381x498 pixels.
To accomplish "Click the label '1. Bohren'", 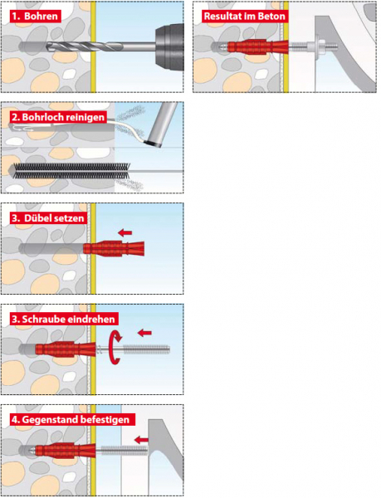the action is (x=35, y=17).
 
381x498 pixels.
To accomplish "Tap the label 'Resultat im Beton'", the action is (x=245, y=17).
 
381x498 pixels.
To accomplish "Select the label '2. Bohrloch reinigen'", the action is (x=58, y=117).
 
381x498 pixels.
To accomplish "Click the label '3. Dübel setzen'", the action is (x=48, y=218).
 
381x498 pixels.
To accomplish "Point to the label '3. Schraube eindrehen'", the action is (x=63, y=319).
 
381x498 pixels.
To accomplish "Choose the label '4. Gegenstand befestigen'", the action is (x=71, y=419).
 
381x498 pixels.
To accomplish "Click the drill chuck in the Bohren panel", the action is (x=169, y=46).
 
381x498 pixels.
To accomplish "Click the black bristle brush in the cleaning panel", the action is (x=71, y=171).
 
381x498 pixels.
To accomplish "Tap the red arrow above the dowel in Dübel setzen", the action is (x=125, y=233).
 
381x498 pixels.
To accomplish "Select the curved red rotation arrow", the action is (x=115, y=347).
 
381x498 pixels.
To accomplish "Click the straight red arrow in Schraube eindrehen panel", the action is (x=144, y=333).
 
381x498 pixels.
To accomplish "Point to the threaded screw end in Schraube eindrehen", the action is (x=146, y=349).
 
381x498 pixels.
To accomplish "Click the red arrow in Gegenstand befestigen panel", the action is (x=141, y=440).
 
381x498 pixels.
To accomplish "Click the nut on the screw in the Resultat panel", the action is (x=318, y=47).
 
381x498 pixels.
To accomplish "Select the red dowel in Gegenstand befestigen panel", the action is (x=65, y=451).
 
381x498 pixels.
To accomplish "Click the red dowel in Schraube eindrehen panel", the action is (x=65, y=349).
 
